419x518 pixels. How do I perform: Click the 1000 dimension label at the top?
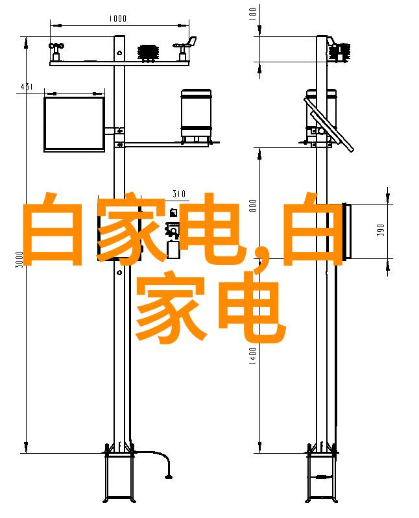118,19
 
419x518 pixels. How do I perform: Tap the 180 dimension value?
253,14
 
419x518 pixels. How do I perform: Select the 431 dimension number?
27,87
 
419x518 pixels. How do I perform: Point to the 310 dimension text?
179,193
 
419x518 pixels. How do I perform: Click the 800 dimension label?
253,206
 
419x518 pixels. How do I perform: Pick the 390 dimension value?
381,230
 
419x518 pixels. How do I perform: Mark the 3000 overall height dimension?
19,260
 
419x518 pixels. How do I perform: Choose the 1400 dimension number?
253,356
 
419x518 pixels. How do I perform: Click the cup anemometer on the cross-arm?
56,51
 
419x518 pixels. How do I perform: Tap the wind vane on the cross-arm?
184,49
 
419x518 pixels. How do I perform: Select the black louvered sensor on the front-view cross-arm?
148,53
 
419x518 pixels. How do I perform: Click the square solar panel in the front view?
75,124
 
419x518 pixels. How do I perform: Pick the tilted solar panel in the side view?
329,125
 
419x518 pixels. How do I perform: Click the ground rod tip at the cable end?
169,476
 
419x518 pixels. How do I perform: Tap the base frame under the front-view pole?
119,477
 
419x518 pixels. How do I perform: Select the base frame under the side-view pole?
322,477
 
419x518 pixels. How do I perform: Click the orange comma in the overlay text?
261,262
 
